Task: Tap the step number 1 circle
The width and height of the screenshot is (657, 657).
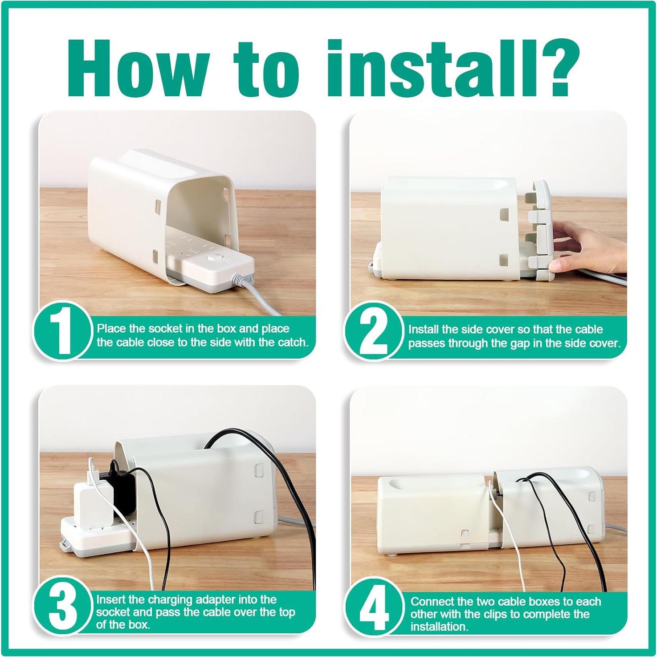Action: (63, 331)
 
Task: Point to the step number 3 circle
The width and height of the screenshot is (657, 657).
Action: (63, 607)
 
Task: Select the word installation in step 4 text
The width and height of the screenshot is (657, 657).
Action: (439, 627)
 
